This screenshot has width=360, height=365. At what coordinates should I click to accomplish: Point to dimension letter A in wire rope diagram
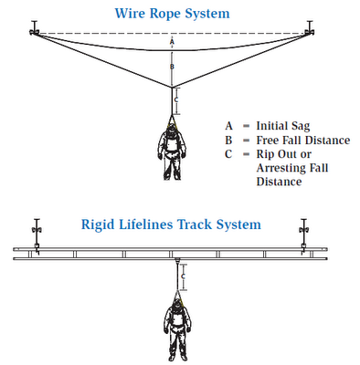[x=172, y=42]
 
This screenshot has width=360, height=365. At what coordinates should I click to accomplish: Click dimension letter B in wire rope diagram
[x=172, y=67]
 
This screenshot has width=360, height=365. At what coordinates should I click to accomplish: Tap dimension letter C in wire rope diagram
[x=180, y=99]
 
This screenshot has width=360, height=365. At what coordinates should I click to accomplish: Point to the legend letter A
[x=229, y=125]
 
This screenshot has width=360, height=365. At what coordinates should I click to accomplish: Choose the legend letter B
[x=229, y=140]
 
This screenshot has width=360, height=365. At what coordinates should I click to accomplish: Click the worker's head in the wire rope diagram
[x=172, y=134]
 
